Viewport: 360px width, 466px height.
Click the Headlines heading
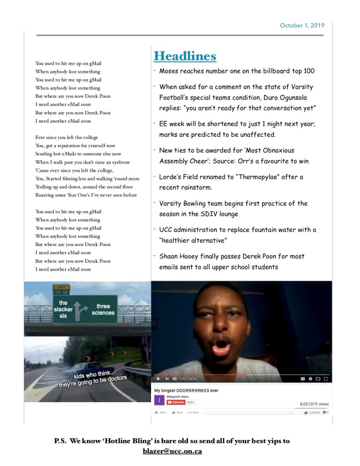coord(185,56)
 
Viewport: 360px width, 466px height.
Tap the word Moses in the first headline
coord(169,71)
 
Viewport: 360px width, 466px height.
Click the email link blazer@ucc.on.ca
coord(172,451)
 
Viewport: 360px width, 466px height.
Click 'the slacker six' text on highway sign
coord(63,309)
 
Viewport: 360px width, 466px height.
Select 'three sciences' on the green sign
coord(103,309)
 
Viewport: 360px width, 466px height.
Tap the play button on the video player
coord(158,379)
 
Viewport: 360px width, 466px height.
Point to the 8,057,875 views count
coord(314,404)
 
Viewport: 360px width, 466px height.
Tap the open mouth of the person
coord(221,348)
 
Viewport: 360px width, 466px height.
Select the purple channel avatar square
coord(159,400)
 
